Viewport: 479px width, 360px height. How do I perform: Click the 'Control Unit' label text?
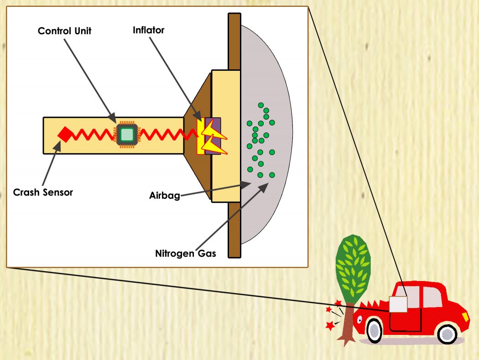[x=64, y=31]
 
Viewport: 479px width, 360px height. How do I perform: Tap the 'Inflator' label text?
[x=148, y=31]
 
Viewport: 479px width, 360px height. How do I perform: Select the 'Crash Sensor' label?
[x=43, y=192]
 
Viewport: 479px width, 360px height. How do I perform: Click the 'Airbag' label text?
[x=164, y=196]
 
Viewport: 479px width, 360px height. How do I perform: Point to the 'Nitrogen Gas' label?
[x=185, y=253]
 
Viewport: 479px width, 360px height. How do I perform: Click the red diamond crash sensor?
[x=65, y=135]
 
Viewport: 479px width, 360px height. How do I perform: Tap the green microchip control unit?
[x=127, y=134]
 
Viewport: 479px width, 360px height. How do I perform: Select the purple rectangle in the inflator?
[x=213, y=136]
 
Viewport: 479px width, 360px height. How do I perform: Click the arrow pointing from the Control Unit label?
[x=89, y=78]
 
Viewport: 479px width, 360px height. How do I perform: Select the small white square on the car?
[x=397, y=304]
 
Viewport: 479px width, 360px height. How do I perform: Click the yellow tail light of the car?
[x=465, y=316]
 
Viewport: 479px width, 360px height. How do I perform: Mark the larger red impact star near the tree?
[x=330, y=326]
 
